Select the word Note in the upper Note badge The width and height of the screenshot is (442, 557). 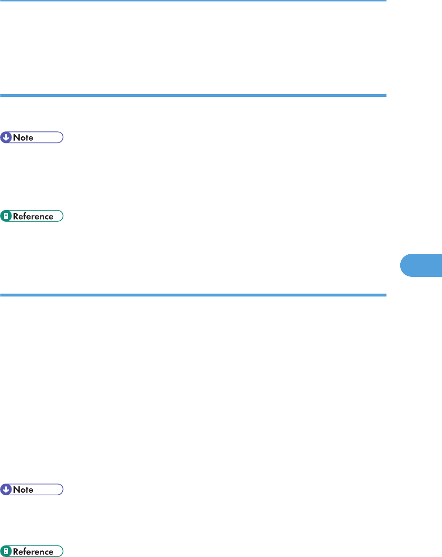[24, 138]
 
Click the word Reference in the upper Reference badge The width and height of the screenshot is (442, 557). [33, 216]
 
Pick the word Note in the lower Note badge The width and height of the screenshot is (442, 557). [24, 490]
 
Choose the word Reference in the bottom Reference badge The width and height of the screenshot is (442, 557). [33, 552]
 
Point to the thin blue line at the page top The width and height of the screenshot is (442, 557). [192, 1]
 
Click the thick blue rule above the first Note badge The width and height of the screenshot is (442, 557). [192, 96]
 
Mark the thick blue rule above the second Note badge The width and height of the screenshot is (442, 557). [192, 295]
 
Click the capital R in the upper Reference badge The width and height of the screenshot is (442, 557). [15, 216]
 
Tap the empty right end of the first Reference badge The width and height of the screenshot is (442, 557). [59, 216]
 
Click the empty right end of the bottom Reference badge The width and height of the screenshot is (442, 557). [59, 552]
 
